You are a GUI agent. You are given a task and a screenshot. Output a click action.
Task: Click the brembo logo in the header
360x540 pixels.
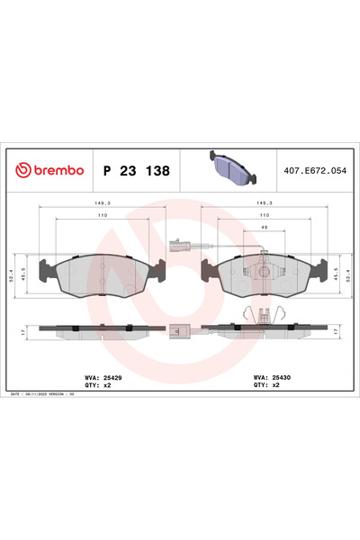[x=49, y=170]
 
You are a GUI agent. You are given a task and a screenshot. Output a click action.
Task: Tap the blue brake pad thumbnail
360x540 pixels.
[x=231, y=166]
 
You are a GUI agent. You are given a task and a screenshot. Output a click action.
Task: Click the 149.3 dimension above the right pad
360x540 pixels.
[x=265, y=203]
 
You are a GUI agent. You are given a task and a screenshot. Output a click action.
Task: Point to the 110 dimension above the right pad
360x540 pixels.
[x=265, y=217]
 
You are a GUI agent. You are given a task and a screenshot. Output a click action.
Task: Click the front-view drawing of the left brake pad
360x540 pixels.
[x=103, y=274]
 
